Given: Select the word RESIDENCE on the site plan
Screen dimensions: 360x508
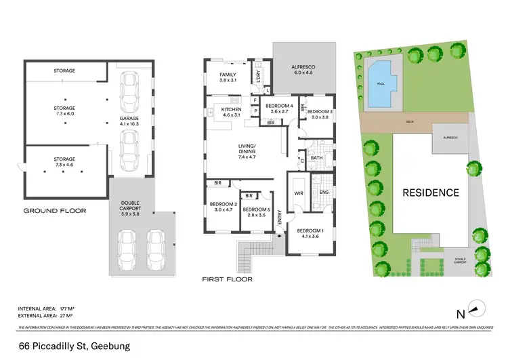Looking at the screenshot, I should pos(431,193).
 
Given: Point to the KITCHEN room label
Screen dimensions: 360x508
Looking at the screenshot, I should pos(232,112).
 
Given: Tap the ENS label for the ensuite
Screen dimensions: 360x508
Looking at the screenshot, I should pos(323,193).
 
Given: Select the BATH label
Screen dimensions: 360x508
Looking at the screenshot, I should pos(316,158).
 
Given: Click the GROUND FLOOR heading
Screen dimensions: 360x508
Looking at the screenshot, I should pos(55,211).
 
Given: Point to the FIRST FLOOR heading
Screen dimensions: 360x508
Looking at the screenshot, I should pos(227,279).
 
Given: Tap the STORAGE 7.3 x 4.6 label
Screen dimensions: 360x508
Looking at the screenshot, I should pos(65,162).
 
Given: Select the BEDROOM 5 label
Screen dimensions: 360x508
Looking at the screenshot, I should pos(256,212).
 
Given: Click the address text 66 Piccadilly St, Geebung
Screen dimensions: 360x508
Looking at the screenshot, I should pos(74,347).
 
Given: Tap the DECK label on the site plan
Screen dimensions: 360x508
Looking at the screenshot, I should pos(408,123).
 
